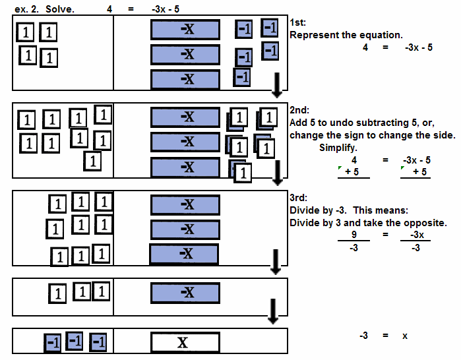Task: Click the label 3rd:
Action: click(x=298, y=198)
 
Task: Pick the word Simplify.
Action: click(x=338, y=148)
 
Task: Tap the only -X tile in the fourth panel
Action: click(x=185, y=293)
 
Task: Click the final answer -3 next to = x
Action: click(x=363, y=336)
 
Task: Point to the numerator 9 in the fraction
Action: click(x=354, y=234)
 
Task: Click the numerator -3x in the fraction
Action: click(x=416, y=234)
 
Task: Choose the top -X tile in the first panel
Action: click(x=185, y=30)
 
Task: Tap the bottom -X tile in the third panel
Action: click(x=184, y=254)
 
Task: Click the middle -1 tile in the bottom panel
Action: click(x=75, y=342)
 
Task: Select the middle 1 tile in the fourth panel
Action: click(x=81, y=291)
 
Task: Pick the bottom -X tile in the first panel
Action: click(x=185, y=80)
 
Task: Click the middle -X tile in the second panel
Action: click(x=185, y=142)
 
